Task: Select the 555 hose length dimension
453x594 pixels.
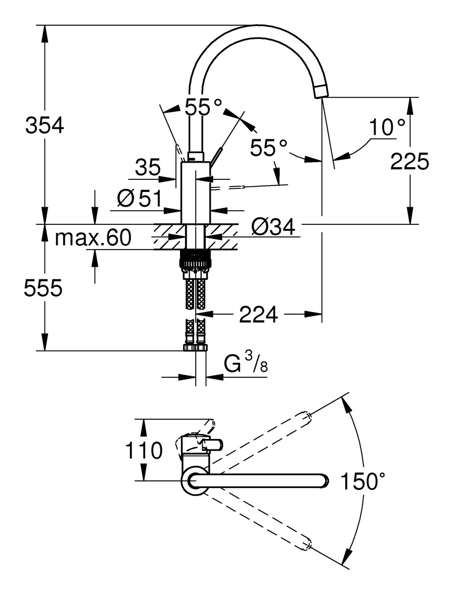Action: click(43, 288)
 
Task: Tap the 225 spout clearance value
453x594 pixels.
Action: click(410, 161)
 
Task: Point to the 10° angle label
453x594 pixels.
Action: click(387, 128)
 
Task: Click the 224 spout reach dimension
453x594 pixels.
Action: click(258, 315)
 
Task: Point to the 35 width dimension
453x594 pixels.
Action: click(148, 167)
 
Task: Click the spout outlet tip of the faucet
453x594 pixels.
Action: click(321, 91)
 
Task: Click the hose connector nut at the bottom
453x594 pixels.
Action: click(196, 348)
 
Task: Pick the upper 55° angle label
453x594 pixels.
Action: click(203, 107)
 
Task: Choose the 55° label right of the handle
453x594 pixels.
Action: click(268, 148)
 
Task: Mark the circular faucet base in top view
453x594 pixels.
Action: click(194, 481)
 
